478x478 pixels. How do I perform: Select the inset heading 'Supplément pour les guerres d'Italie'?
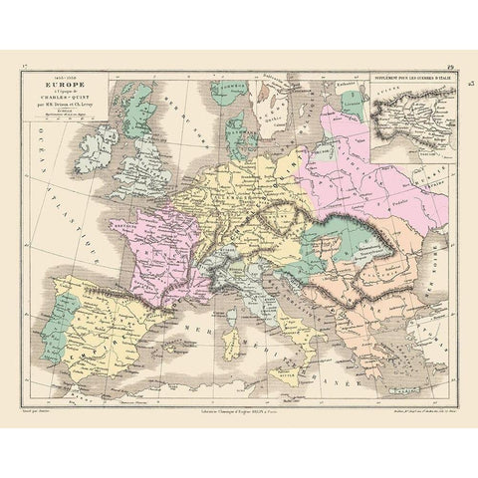point(409,76)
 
